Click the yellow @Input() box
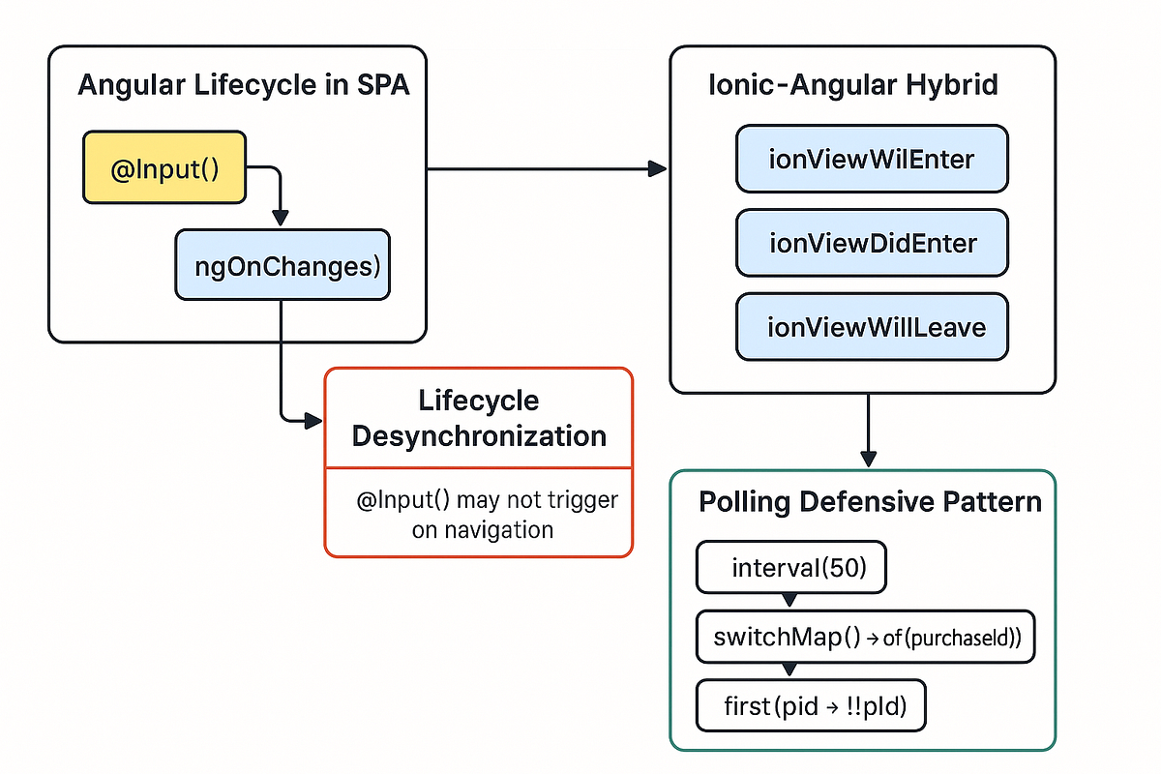coord(164,169)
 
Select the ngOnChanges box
coord(283,264)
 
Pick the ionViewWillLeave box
coord(872,326)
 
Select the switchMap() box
coord(866,637)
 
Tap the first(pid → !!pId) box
coord(811,706)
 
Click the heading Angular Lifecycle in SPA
coord(243,85)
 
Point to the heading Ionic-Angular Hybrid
coord(853,85)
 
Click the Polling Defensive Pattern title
coord(870,502)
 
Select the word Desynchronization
coord(479,435)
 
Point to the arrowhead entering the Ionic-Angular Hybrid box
coord(658,169)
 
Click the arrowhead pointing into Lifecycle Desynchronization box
coord(313,420)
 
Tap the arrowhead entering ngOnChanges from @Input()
coord(281,219)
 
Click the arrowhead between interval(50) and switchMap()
coord(789,601)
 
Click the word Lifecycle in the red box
coord(479,401)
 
